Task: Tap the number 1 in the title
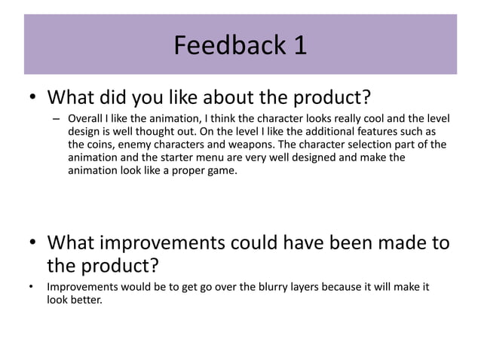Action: coord(300,46)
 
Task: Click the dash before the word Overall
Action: coord(56,118)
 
